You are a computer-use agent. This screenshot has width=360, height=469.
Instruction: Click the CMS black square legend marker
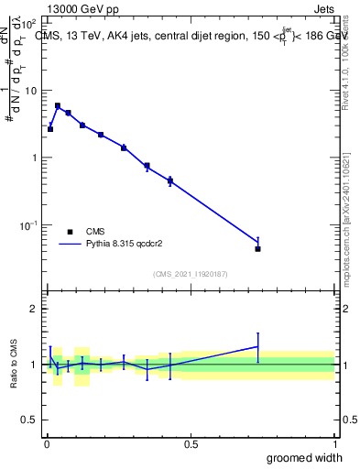coord(69,232)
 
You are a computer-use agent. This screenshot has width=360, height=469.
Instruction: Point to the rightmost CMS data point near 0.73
coord(258,248)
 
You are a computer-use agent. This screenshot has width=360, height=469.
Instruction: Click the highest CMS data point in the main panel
coord(58,106)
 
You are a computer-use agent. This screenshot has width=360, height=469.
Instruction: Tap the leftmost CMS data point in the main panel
coord(50,129)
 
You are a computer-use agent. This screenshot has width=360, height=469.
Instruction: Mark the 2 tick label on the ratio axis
coord(34,309)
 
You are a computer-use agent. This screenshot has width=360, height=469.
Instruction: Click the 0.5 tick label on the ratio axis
coord(30,420)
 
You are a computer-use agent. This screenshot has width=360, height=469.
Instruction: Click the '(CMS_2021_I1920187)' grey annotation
coord(191,274)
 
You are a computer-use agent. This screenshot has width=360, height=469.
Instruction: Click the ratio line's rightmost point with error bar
coord(258,346)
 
